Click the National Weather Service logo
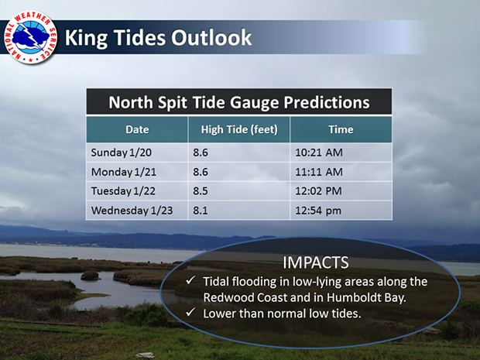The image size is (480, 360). click(31, 38)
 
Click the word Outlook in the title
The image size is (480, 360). click(211, 38)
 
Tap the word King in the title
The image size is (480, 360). click(86, 38)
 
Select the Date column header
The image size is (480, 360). click(137, 129)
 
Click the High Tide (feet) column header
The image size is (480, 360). click(239, 129)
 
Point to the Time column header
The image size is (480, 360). click(341, 129)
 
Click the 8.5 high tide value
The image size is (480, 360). click(201, 191)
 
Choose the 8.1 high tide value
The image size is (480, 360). click(201, 211)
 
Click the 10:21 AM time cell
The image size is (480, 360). click(319, 153)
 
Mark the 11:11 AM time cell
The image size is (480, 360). click(319, 172)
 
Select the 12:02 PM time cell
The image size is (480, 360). click(318, 191)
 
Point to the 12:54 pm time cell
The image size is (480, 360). click(318, 211)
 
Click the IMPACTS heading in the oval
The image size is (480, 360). click(316, 262)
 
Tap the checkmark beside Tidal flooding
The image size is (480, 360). click(190, 279)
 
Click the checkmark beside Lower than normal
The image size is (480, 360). click(190, 312)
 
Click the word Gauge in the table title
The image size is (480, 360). click(255, 102)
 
